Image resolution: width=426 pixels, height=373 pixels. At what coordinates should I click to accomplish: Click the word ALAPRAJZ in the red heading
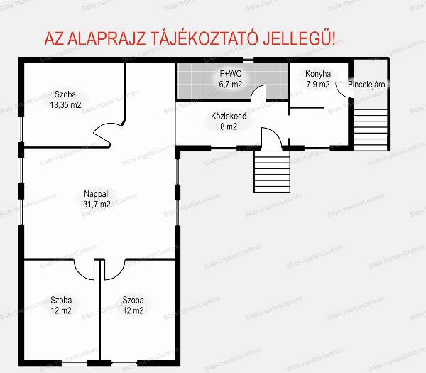tap(106, 39)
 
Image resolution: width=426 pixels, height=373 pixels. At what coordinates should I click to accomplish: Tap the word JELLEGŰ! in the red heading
tap(299, 38)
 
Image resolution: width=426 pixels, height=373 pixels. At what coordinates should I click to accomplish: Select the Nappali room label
tap(97, 194)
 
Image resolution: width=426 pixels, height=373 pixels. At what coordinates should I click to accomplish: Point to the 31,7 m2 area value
tap(97, 204)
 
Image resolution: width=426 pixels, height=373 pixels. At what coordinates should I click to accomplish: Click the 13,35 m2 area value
tap(65, 104)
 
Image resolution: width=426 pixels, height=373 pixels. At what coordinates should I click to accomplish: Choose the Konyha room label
tap(318, 74)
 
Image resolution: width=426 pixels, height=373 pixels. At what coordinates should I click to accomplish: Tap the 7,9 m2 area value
tap(318, 85)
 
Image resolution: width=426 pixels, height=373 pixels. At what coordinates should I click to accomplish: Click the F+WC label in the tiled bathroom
tap(230, 74)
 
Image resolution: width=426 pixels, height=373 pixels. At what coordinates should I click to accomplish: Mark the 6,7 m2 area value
tap(230, 85)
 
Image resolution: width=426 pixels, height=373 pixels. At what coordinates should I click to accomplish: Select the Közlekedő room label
tap(229, 117)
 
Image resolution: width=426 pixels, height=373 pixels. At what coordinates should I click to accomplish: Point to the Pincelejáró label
tap(366, 85)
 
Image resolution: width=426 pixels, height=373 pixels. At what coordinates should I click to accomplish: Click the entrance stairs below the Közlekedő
tap(272, 171)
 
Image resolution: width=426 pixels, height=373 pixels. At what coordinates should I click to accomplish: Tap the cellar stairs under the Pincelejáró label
tap(371, 130)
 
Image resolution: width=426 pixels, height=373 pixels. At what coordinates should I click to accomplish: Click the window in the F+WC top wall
tap(248, 60)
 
